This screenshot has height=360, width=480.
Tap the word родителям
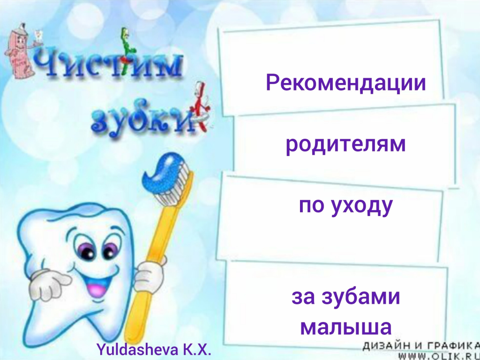(345, 145)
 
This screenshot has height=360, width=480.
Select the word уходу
(362, 206)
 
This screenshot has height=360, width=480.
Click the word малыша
(346, 327)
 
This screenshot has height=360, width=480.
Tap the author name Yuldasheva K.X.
(154, 349)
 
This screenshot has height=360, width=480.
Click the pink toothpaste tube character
(19, 51)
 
